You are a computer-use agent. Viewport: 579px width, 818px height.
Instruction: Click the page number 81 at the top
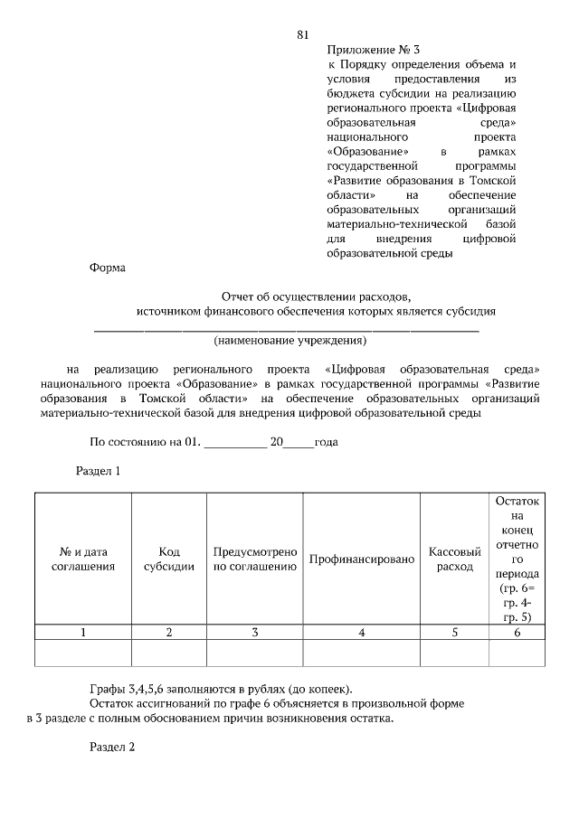[303, 35]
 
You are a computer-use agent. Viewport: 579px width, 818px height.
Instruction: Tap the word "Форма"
[109, 268]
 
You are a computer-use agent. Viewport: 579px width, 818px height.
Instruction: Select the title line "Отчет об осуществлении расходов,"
[316, 296]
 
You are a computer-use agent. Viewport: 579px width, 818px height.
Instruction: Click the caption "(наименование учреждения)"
[289, 341]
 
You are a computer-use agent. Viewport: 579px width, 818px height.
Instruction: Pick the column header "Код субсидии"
[169, 559]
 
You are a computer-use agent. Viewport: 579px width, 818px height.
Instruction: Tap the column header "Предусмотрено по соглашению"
[255, 559]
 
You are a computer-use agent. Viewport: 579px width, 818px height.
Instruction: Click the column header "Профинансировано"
[361, 559]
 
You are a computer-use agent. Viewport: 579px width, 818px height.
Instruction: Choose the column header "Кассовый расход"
[454, 559]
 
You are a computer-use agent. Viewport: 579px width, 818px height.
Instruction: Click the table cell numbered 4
[361, 632]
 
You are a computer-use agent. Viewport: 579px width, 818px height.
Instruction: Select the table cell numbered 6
[517, 632]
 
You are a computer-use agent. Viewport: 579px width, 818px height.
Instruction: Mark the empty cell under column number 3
[255, 653]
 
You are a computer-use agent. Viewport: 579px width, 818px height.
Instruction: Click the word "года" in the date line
[326, 443]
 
